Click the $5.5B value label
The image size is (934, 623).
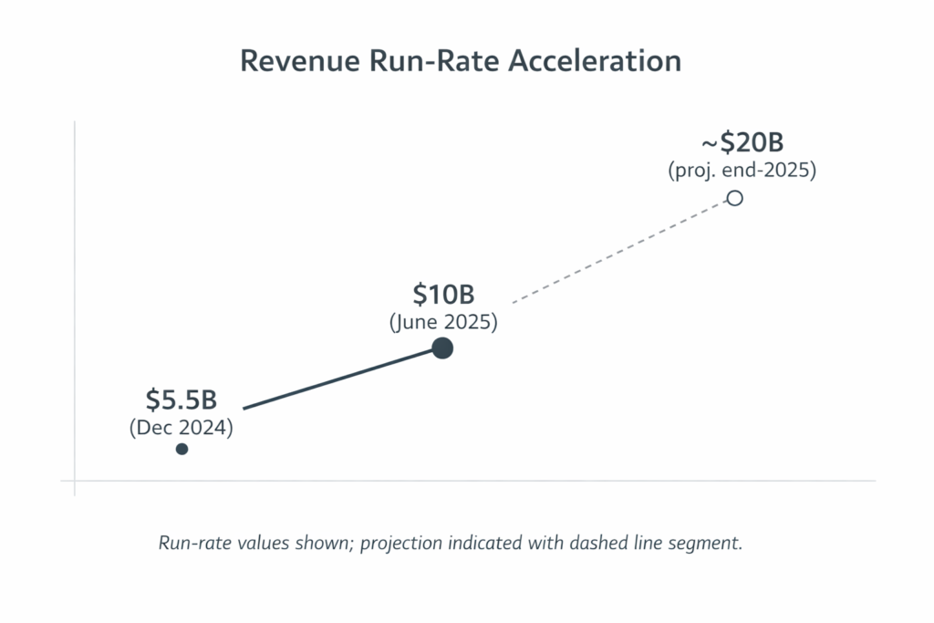pos(181,400)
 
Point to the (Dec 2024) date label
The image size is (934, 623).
pos(181,427)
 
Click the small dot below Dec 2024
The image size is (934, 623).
pos(182,449)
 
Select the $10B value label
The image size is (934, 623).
pos(443,296)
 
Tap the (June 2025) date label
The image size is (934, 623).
pos(443,323)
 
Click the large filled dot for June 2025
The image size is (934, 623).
pos(442,348)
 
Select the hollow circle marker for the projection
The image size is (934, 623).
pos(734,198)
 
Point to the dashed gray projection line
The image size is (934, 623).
pos(620,251)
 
